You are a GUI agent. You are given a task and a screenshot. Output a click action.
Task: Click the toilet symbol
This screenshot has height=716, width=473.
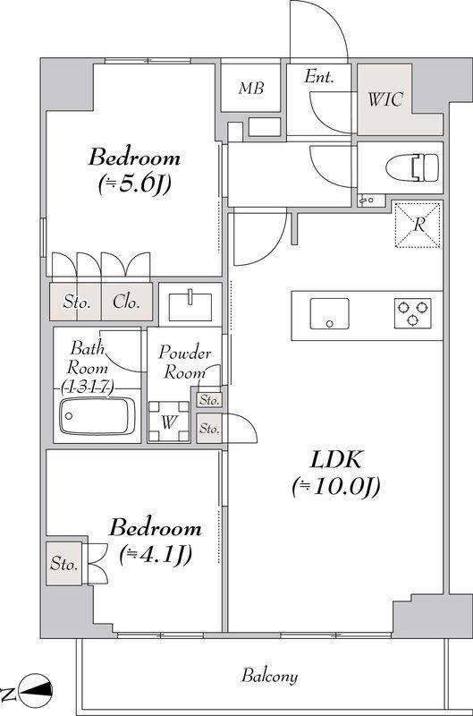(x=412, y=167)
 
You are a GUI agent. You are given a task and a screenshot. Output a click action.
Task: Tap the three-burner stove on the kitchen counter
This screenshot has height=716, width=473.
(x=412, y=312)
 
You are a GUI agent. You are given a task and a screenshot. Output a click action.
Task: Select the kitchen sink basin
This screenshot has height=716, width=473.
(x=329, y=314)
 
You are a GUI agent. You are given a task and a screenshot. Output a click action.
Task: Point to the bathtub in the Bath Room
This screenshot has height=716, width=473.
(x=97, y=416)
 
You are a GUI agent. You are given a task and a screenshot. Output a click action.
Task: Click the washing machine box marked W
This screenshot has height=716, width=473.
(x=169, y=422)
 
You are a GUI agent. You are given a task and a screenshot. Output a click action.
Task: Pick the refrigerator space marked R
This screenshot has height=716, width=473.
(x=418, y=225)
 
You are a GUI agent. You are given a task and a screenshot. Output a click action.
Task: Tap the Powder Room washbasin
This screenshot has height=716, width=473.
(x=190, y=306)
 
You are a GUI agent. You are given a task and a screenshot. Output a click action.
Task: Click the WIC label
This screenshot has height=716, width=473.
(x=385, y=99)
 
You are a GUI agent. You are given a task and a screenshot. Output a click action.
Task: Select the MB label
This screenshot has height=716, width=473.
(x=251, y=88)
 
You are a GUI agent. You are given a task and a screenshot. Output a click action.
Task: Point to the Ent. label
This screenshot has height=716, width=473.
(x=319, y=76)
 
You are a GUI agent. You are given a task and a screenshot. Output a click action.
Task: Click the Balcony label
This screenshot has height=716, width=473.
(x=269, y=676)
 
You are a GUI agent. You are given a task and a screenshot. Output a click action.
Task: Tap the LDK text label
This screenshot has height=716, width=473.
(x=336, y=459)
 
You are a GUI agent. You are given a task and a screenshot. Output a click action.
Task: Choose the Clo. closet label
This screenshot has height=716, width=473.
(x=126, y=302)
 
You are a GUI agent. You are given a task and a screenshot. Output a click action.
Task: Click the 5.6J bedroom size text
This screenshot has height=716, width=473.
(x=134, y=184)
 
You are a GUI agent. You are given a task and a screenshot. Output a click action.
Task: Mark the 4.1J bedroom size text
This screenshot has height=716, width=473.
(x=155, y=554)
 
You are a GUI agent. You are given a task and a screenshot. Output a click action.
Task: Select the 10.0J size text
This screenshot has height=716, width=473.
(x=335, y=487)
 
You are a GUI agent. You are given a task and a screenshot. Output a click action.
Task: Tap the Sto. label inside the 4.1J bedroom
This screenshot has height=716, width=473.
(x=63, y=564)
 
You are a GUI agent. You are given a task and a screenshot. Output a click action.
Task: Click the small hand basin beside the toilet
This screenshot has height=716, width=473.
(x=366, y=200)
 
